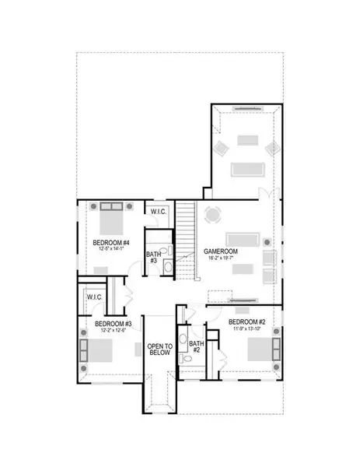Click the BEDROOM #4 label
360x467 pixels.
[x=110, y=242]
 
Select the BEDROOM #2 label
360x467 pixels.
[x=248, y=321]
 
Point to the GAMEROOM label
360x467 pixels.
[x=221, y=253]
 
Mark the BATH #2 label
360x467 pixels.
[x=197, y=346]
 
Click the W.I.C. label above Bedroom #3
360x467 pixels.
[x=94, y=297]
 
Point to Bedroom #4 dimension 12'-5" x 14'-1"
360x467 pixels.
[x=110, y=250]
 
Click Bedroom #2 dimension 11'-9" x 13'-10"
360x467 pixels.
[x=248, y=329]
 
